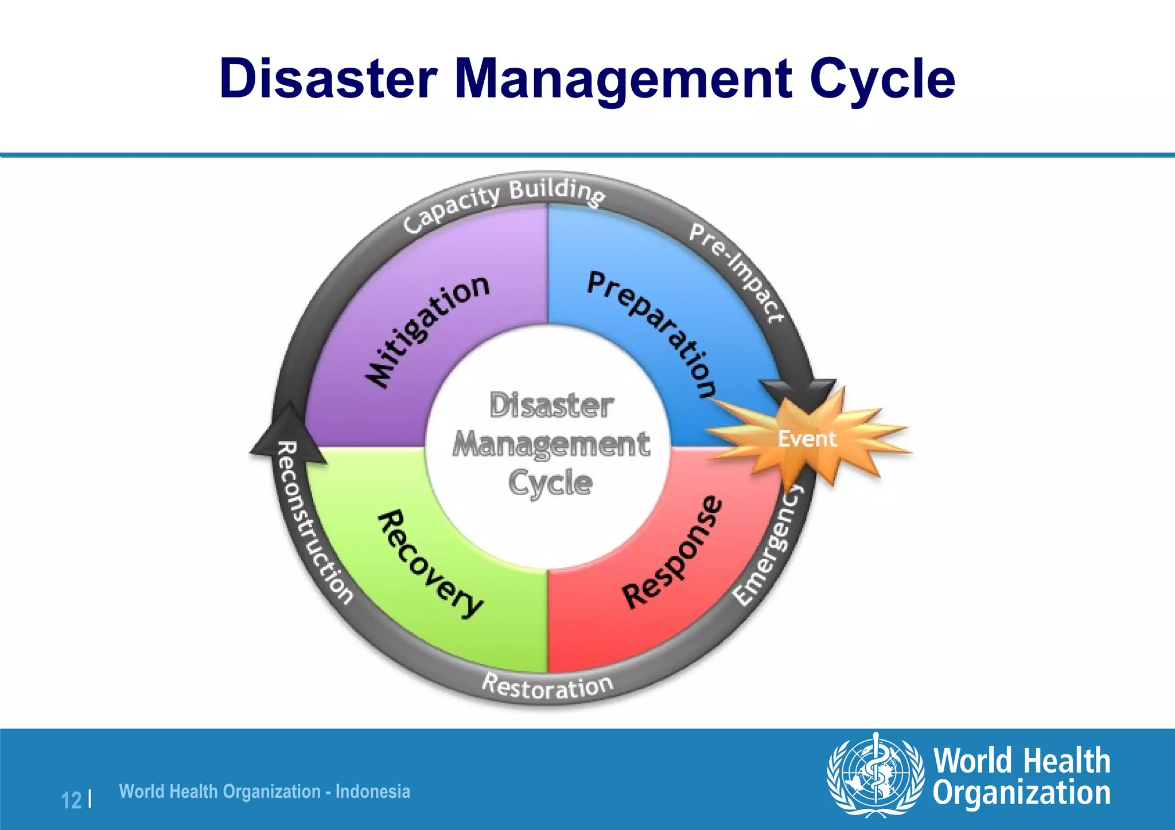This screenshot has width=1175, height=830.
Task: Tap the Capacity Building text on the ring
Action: click(503, 203)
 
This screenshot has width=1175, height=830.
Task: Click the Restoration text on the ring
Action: click(548, 686)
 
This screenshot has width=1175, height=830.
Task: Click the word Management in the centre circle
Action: click(551, 445)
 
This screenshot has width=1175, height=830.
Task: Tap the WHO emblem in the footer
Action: click(874, 774)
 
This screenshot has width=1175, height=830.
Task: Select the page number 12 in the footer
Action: click(71, 800)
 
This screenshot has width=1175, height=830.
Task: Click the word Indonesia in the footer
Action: click(372, 792)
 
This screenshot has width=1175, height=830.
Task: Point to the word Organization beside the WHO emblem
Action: click(1021, 794)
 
